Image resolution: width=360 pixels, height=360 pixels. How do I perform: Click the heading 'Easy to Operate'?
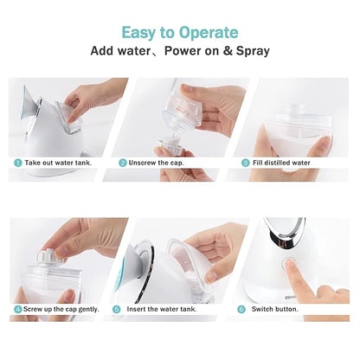(179, 32)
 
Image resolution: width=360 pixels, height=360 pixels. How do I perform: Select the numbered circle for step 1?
(17, 162)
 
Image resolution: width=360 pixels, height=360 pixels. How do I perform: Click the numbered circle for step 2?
(124, 162)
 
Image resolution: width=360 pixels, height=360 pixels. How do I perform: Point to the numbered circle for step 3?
(246, 162)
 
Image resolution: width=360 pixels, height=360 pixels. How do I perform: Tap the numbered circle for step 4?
(17, 309)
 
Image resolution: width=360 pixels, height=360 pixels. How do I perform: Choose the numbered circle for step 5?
(124, 309)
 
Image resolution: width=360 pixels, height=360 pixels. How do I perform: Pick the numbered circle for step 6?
(241, 309)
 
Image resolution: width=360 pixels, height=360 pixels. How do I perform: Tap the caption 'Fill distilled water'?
(286, 162)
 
